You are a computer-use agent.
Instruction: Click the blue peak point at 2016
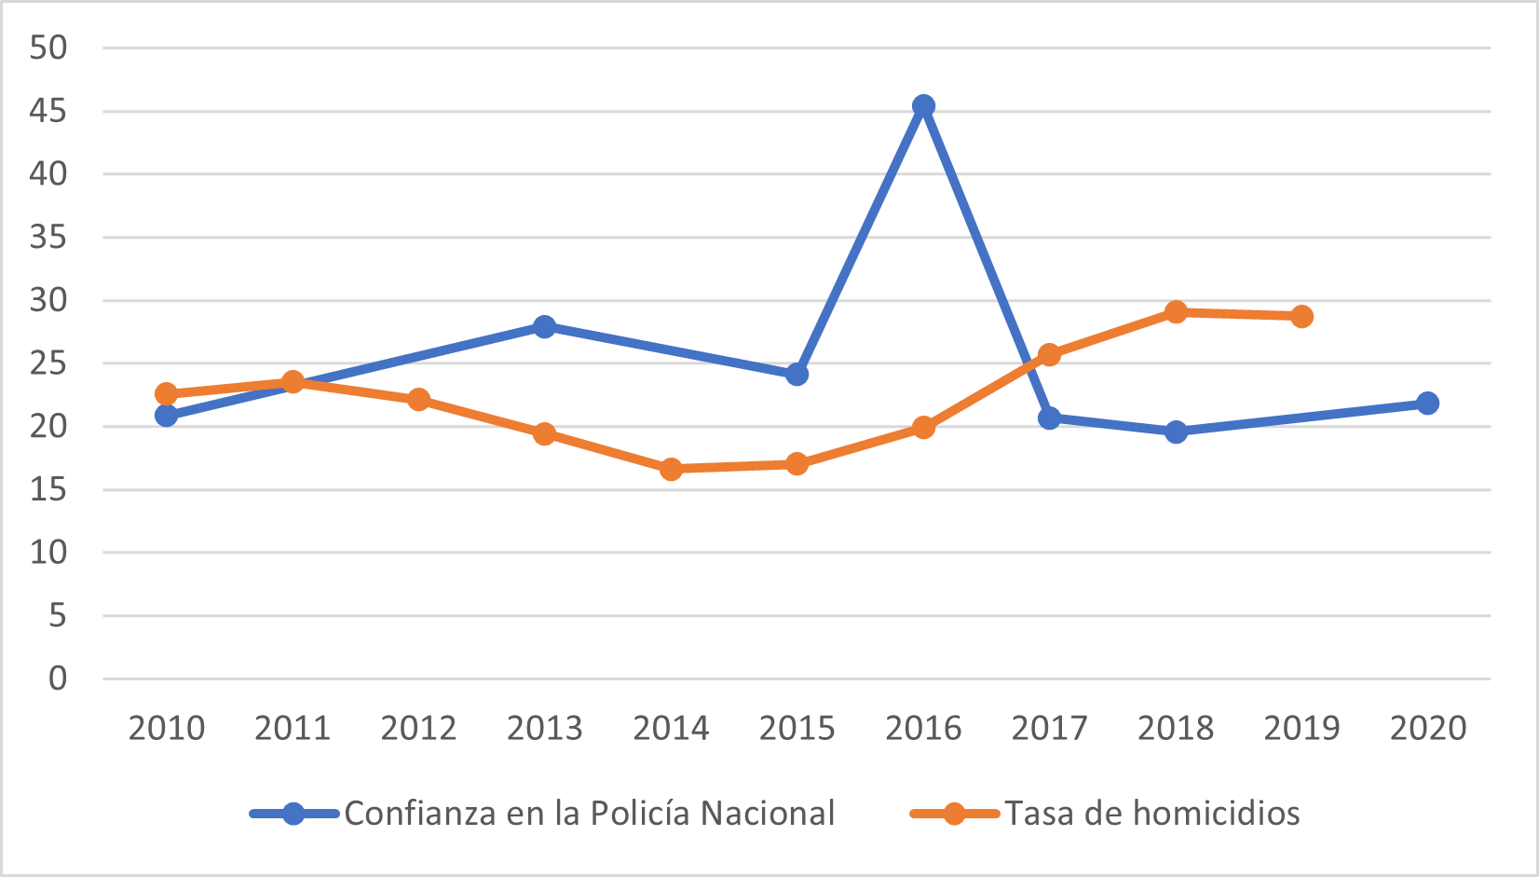tap(923, 106)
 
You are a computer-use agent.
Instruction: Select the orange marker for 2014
tap(671, 469)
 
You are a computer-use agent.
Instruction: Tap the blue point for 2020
tap(1427, 404)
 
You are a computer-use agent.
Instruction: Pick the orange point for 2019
tap(1301, 317)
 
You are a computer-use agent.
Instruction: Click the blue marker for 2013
tap(545, 326)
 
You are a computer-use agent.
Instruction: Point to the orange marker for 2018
tap(1176, 312)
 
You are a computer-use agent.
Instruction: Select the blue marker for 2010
tap(167, 416)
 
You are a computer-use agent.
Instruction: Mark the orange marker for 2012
tap(419, 400)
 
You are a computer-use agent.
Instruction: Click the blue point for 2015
tap(797, 375)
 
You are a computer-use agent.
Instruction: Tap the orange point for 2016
tap(923, 428)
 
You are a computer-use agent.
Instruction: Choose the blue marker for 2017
tap(1050, 418)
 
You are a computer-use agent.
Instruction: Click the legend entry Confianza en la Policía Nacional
tap(589, 814)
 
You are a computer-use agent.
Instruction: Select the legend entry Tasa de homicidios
tap(1151, 814)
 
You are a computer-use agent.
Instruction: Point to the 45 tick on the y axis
tap(48, 112)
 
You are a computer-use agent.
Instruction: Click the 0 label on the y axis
tap(58, 678)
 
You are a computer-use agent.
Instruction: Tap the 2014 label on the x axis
tap(671, 728)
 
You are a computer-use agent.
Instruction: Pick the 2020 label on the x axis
tap(1427, 728)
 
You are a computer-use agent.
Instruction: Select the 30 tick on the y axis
tap(48, 301)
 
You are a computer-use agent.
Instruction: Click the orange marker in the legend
tap(954, 814)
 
